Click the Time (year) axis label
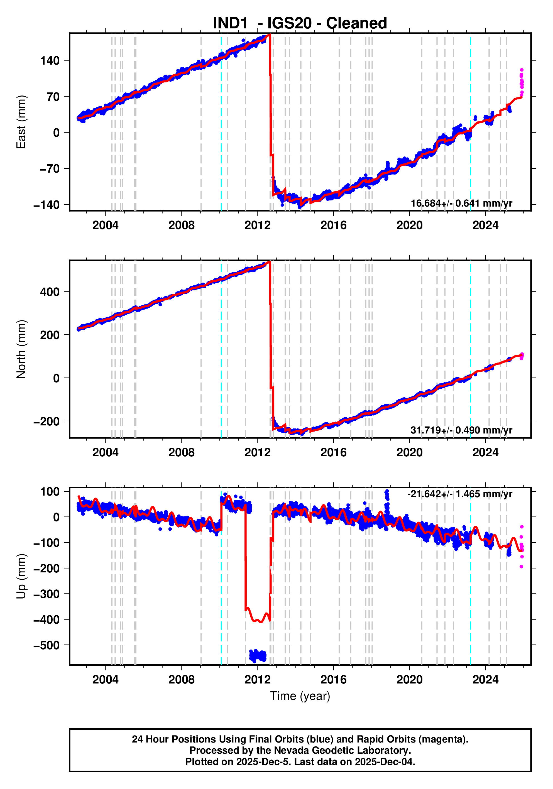point(300,696)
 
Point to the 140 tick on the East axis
point(50,61)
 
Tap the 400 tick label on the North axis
point(50,292)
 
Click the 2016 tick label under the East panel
point(333,226)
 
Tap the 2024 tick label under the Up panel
point(485,680)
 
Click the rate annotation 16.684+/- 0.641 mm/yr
point(461,204)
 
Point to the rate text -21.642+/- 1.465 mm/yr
point(459,494)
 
